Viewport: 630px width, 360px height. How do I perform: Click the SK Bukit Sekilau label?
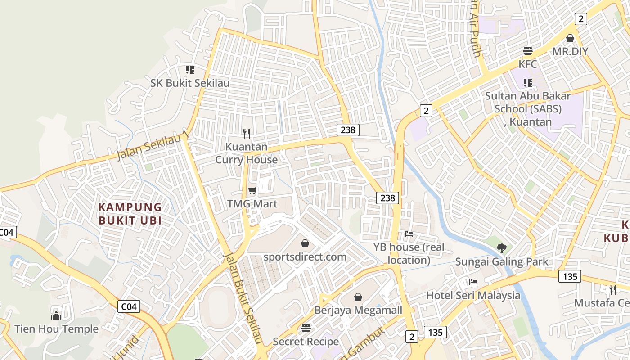[x=190, y=83]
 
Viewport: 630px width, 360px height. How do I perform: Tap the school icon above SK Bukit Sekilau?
[x=190, y=70]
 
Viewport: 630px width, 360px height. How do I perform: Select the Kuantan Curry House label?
[x=246, y=153]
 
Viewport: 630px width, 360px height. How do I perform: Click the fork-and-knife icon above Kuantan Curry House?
[x=246, y=133]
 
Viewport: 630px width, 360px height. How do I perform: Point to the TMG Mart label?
[x=252, y=204]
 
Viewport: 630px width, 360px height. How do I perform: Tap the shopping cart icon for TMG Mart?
[x=252, y=191]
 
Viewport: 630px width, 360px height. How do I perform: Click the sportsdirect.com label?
[x=305, y=257]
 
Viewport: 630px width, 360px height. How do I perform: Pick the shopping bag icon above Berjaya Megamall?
[x=358, y=297]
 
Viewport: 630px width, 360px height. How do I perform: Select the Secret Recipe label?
[x=306, y=342]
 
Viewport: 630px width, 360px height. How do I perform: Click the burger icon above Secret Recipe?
[x=306, y=328]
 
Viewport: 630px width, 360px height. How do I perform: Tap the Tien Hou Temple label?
[x=56, y=329]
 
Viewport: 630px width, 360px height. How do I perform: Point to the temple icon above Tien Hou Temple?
[x=56, y=315]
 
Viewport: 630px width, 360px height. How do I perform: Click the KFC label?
[x=528, y=64]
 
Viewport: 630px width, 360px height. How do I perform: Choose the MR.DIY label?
[x=570, y=51]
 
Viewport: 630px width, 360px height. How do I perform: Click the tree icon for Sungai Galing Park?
[x=501, y=248]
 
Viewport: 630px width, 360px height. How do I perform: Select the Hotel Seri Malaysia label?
[x=473, y=296]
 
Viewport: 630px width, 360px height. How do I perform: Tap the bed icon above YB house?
[x=409, y=234]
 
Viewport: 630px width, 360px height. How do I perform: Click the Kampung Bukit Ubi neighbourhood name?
[x=130, y=214]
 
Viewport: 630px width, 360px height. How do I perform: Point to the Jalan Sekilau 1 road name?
[x=152, y=146]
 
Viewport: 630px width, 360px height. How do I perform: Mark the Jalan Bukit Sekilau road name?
[x=243, y=298]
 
